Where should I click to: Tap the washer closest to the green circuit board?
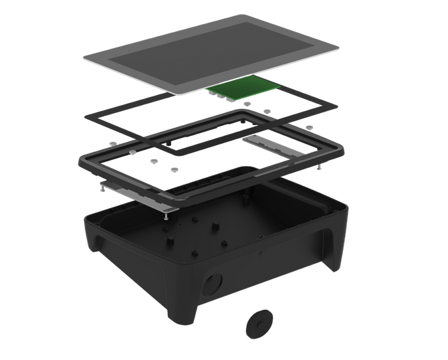(x=247, y=104)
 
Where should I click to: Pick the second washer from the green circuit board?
(x=266, y=110)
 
